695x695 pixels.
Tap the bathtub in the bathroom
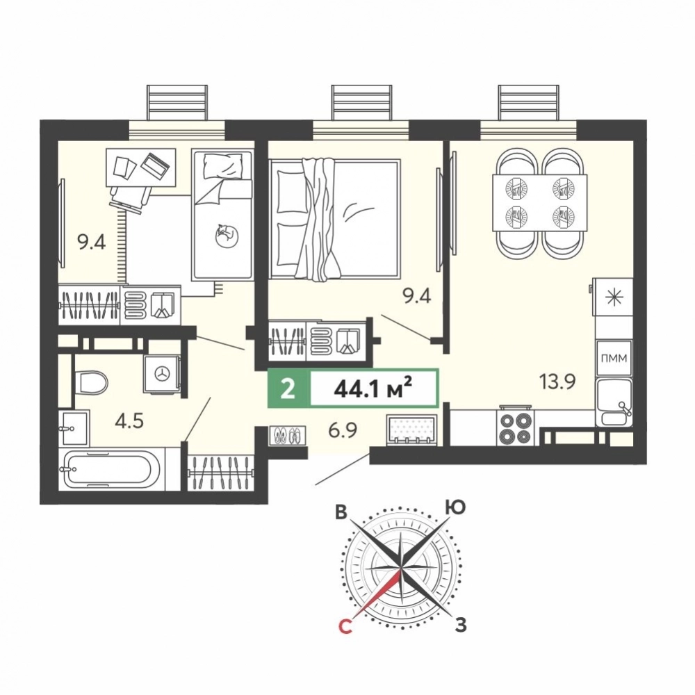(112, 469)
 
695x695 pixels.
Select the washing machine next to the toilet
(161, 374)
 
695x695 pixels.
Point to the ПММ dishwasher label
(614, 358)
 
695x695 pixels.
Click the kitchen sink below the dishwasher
(614, 402)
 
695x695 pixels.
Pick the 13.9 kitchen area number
(557, 381)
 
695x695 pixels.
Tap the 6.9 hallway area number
(343, 430)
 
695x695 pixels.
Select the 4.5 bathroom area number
(129, 421)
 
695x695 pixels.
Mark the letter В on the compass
(341, 512)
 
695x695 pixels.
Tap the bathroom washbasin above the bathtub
(74, 427)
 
